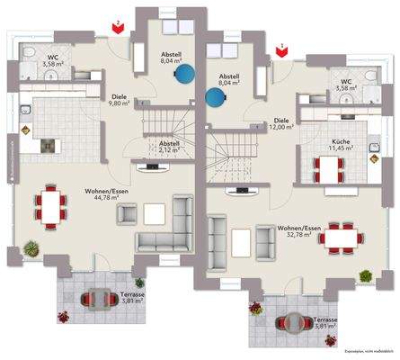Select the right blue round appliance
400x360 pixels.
[x=215, y=96]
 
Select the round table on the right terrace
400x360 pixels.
[x=292, y=321]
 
